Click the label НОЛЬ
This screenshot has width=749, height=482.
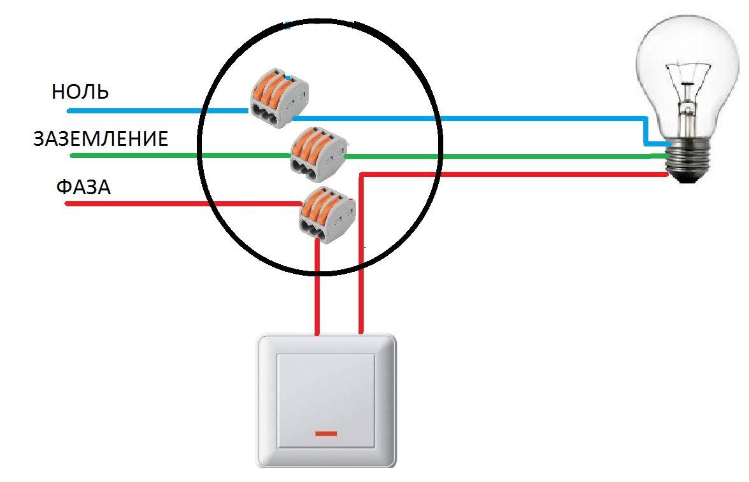tap(80, 92)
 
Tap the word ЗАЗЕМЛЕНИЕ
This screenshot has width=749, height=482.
tap(101, 139)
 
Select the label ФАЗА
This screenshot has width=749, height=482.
tap(83, 187)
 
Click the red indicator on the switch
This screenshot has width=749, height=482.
tap(325, 434)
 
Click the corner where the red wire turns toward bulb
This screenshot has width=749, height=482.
tap(362, 174)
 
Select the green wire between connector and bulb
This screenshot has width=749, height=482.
tap(497, 155)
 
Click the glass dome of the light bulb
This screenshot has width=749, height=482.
tap(688, 57)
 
